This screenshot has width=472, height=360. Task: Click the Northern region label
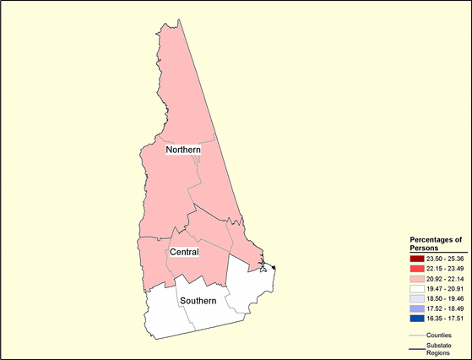(182, 150)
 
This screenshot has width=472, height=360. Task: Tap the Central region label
(184, 252)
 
